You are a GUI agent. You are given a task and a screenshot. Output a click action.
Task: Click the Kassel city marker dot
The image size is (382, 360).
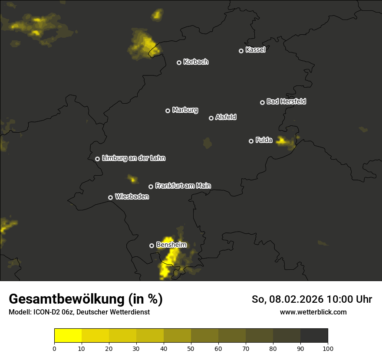tap(241, 51)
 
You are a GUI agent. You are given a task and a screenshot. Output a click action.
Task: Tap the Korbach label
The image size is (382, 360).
tap(196, 62)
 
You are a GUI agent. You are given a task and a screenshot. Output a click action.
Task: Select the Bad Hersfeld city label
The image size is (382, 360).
tap(286, 101)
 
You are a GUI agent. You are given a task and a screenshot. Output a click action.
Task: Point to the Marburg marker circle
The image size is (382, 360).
tap(168, 111)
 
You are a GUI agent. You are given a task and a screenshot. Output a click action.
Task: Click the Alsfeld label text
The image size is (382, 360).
tap(226, 118)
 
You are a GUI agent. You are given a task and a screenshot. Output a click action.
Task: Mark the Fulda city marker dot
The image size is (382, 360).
tap(251, 141)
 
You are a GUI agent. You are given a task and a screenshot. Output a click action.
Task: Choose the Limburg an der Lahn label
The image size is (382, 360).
tap(133, 158)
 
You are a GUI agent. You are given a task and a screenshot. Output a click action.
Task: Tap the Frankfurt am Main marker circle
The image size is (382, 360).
tap(151, 187)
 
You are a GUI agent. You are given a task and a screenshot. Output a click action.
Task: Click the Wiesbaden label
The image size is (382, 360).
tap(132, 197)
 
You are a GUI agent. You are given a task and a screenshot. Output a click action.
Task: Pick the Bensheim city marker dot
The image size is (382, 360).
tap(151, 245)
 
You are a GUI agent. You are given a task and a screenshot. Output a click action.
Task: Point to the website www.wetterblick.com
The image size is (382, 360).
tap(313, 312)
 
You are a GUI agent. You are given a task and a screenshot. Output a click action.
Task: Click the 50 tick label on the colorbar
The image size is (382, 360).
tap(191, 348)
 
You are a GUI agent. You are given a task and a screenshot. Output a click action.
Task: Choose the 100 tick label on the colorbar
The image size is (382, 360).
tap(328, 348)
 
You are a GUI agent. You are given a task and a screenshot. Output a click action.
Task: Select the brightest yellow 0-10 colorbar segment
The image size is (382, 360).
tap(68, 336)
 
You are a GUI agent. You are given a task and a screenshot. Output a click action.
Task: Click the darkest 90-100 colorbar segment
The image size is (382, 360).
tap(314, 336)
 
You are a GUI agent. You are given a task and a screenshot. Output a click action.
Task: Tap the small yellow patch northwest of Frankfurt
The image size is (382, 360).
tap(132, 179)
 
